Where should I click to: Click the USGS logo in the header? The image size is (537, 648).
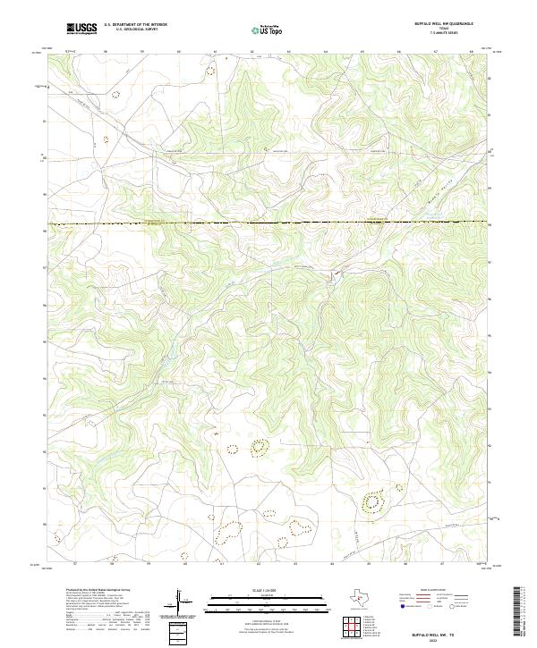(x=81, y=29)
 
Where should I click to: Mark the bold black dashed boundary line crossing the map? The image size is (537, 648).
(x=268, y=222)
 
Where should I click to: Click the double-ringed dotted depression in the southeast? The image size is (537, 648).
(x=371, y=503)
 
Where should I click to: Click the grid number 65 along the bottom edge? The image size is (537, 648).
(x=369, y=564)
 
